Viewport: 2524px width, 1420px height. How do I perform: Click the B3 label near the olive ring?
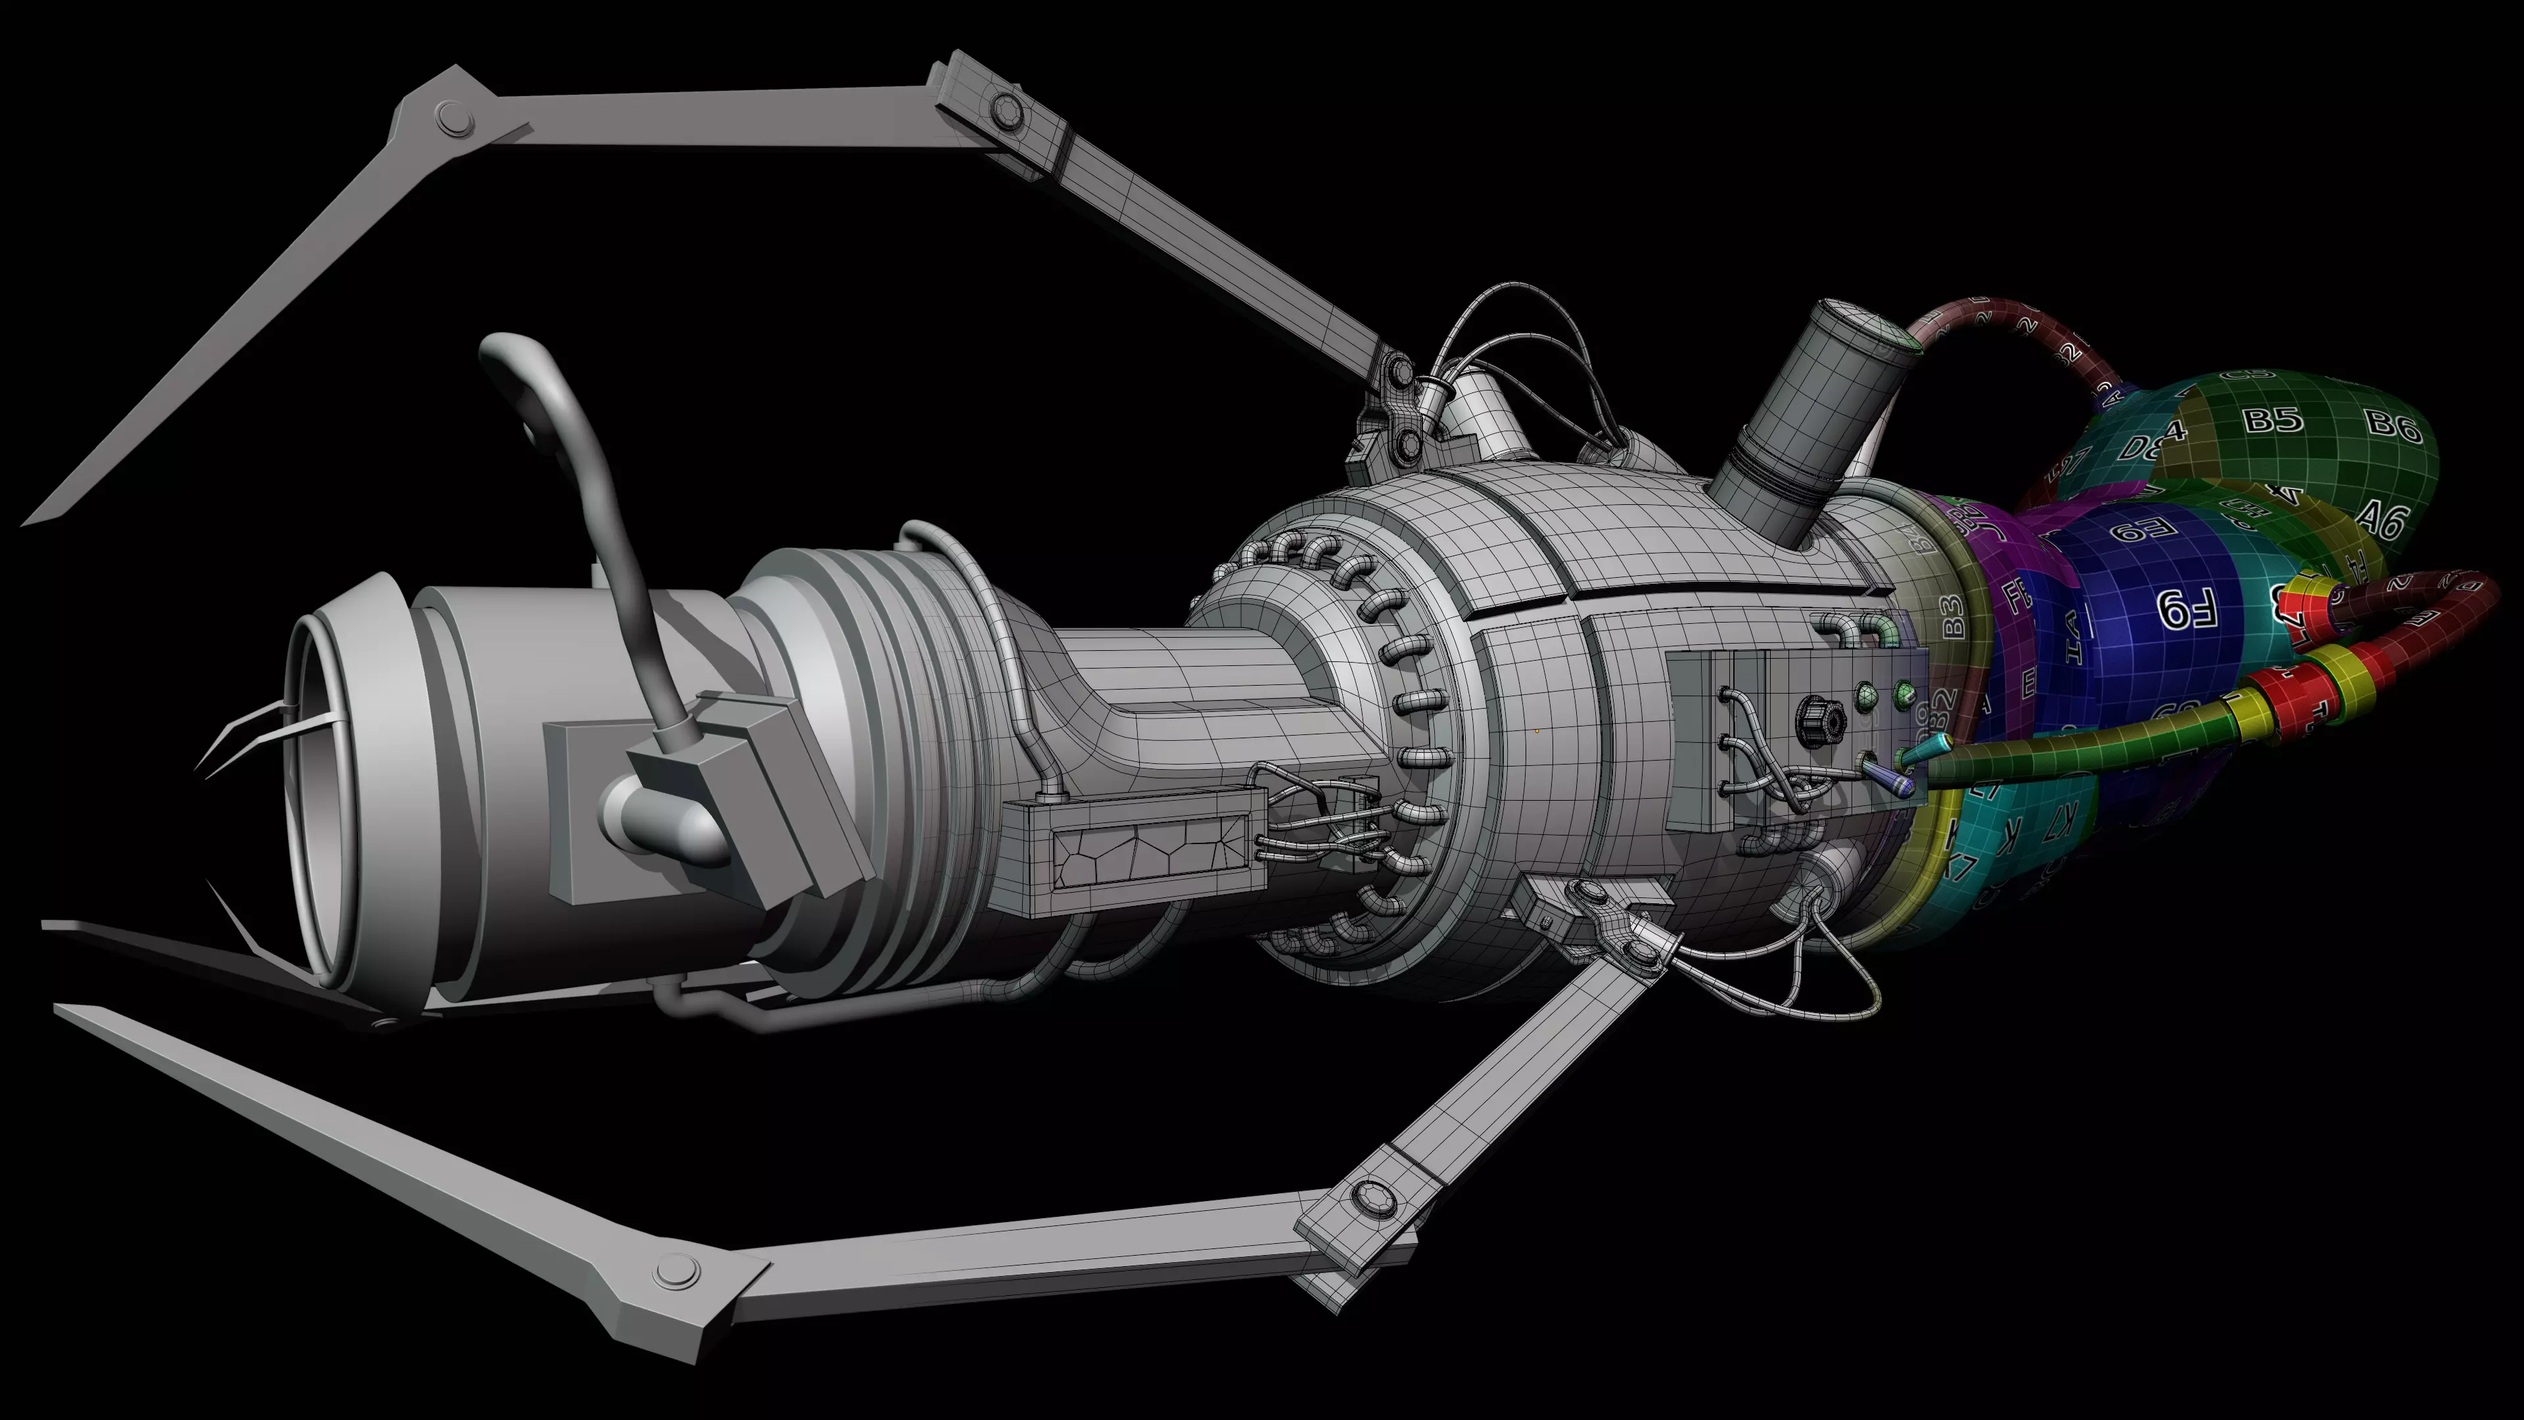[1951, 615]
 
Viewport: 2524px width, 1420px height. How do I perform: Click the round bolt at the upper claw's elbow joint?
[454, 120]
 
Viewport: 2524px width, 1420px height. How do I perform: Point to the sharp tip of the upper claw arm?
[28, 521]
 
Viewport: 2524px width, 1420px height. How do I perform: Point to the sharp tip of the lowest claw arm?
[58, 1008]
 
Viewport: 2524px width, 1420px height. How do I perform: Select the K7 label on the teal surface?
[2059, 823]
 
